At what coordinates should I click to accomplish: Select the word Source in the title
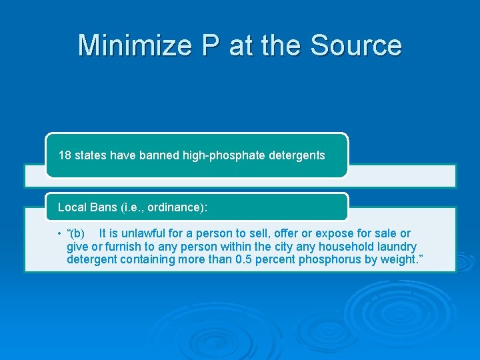pyautogui.click(x=356, y=45)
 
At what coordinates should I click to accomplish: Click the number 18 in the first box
pyautogui.click(x=65, y=155)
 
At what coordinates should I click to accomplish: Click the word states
pyautogui.click(x=90, y=155)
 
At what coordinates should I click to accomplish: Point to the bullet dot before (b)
pyautogui.click(x=59, y=234)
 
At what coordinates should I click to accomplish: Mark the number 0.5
pyautogui.click(x=245, y=259)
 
